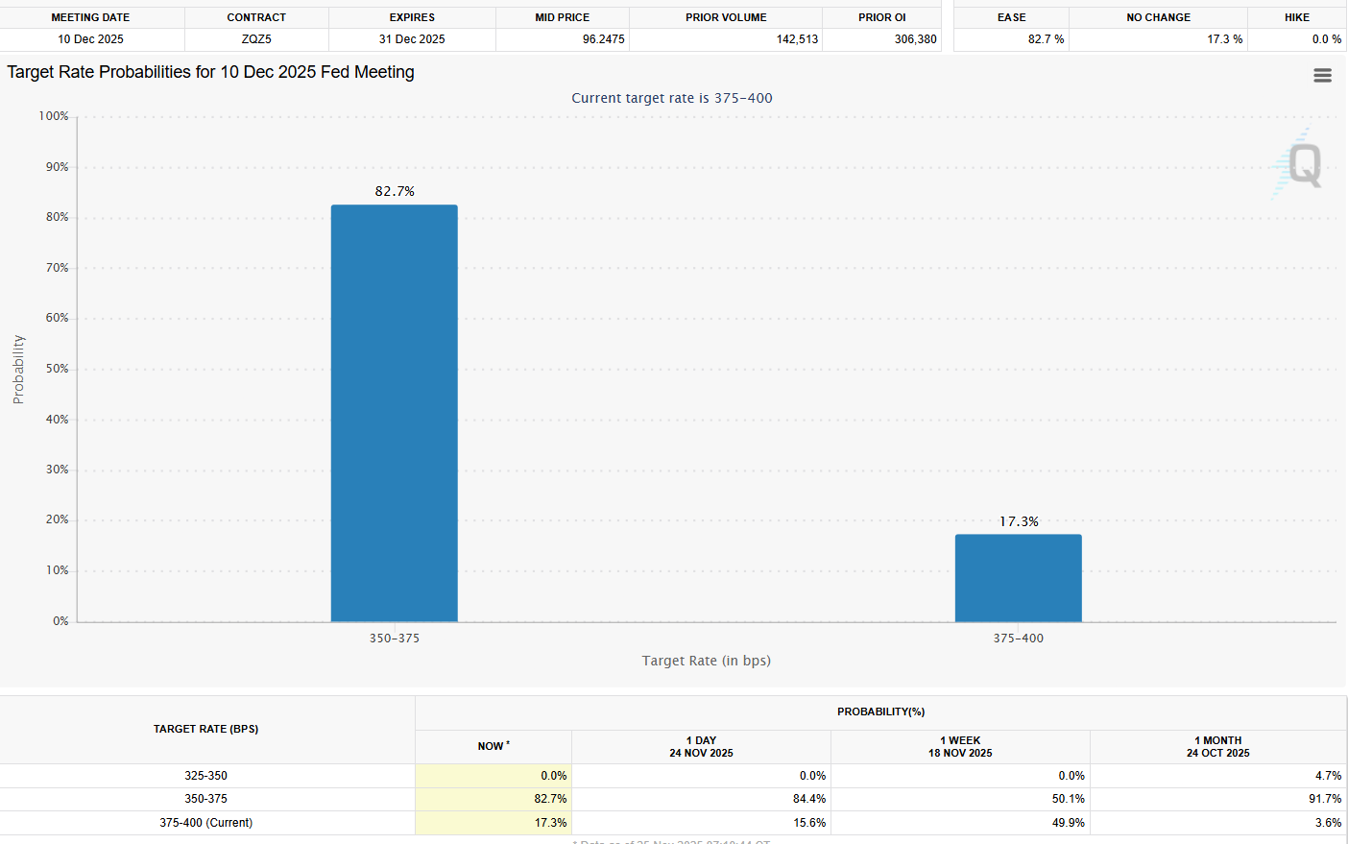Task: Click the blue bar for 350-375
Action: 394,413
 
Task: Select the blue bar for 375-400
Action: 1018,578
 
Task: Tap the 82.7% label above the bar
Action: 395,191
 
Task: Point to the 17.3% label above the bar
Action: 1019,521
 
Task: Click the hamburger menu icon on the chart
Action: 1322,76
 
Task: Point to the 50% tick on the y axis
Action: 57,369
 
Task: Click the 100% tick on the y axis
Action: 54,116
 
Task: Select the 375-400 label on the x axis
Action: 1018,639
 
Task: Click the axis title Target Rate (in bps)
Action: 706,661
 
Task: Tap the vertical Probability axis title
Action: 18,369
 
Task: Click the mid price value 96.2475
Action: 603,39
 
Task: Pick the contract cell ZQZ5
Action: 256,39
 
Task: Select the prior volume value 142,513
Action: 797,39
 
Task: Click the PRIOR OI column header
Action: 881,17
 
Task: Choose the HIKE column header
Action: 1296,17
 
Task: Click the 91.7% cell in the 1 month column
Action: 1325,799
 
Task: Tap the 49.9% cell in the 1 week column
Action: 1068,823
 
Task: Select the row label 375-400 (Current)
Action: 205,823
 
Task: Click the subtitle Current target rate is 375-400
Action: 671,98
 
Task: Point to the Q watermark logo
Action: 1304,164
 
